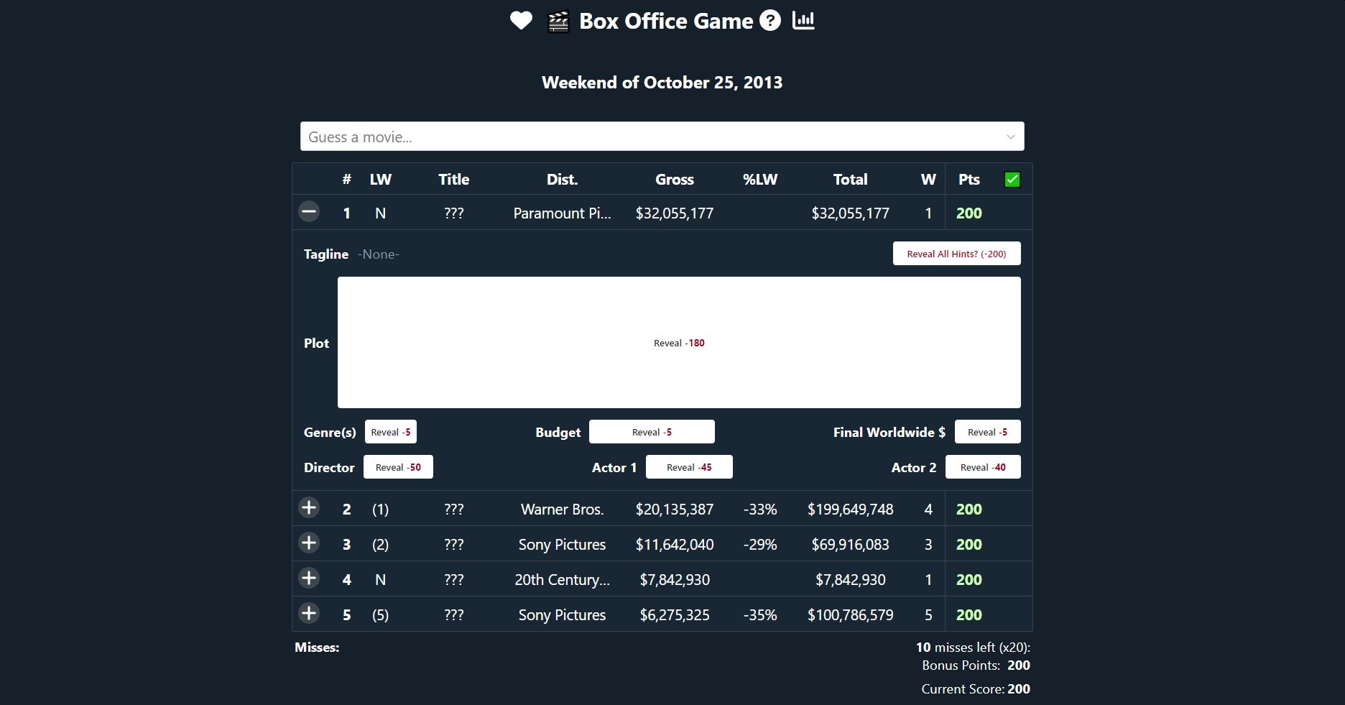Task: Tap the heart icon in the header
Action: pyautogui.click(x=521, y=21)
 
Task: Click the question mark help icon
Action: pyautogui.click(x=770, y=21)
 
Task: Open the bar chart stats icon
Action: pyautogui.click(x=803, y=21)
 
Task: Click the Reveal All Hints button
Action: pyautogui.click(x=956, y=254)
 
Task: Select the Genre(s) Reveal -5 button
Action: pyautogui.click(x=391, y=432)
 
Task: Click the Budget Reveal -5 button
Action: pyautogui.click(x=652, y=432)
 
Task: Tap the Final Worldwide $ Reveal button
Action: pyautogui.click(x=987, y=432)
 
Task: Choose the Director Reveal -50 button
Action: pyautogui.click(x=398, y=467)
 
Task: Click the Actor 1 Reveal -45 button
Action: pyautogui.click(x=689, y=467)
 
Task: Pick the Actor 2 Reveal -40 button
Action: pyautogui.click(x=983, y=467)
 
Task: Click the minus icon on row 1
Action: pyautogui.click(x=309, y=212)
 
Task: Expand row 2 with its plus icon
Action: pyautogui.click(x=309, y=508)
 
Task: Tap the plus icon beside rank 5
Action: pyautogui.click(x=309, y=614)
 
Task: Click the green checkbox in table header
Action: pyautogui.click(x=1012, y=180)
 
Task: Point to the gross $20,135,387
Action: pyautogui.click(x=674, y=510)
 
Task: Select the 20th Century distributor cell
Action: pyautogui.click(x=562, y=580)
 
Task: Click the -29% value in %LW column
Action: pyautogui.click(x=760, y=545)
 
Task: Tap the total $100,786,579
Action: pyautogui.click(x=850, y=615)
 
